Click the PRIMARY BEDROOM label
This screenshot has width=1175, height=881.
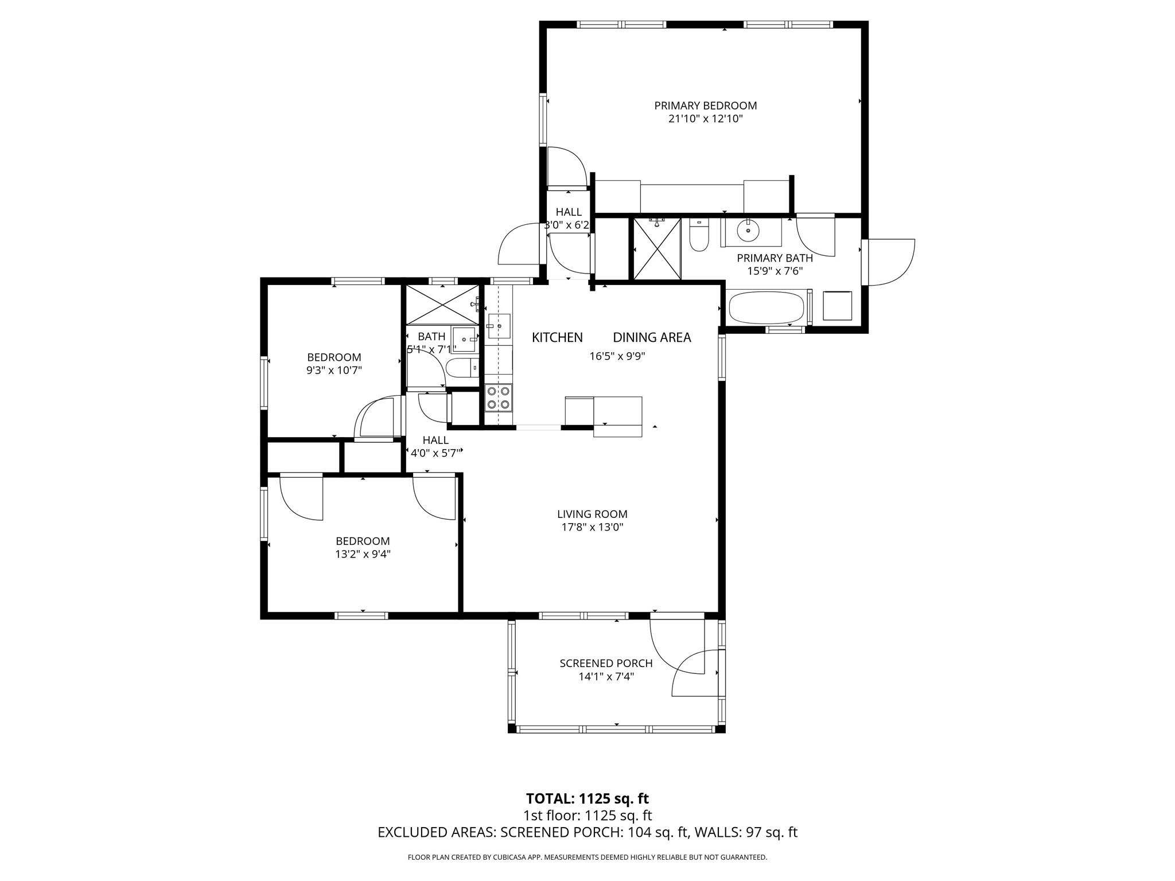pos(705,106)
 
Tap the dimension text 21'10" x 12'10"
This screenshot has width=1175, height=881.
pos(705,119)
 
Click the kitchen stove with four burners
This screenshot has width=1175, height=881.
pos(498,397)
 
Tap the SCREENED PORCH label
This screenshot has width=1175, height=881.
pos(606,663)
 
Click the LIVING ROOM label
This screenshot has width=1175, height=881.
pos(592,514)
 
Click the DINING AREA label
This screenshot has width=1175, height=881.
pos(652,337)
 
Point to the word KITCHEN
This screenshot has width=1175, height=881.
pos(557,337)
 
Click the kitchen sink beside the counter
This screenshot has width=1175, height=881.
pos(499,326)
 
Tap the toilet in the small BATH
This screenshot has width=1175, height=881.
pos(461,368)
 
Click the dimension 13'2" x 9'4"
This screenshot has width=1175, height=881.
pos(363,555)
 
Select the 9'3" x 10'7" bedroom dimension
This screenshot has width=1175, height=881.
pos(334,371)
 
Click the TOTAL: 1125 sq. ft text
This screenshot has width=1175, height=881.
pos(587,798)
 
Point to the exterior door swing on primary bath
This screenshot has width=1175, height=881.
pos(890,262)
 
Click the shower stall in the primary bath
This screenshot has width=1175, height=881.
pos(657,249)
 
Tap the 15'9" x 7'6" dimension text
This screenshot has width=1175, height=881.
pos(775,271)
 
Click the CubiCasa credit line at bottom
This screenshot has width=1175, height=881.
pos(587,857)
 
